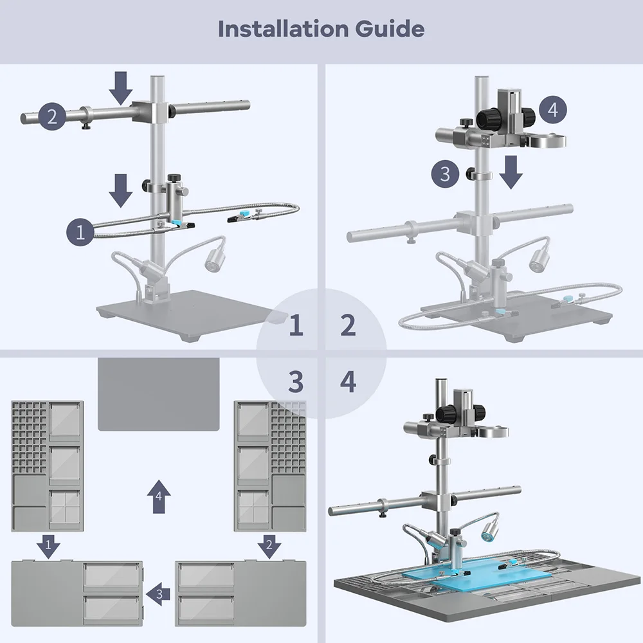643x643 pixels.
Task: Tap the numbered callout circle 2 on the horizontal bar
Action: point(52,116)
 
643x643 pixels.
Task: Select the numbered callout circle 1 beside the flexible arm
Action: point(80,231)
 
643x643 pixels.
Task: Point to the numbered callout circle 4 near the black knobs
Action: point(553,109)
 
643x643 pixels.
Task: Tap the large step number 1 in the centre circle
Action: point(295,326)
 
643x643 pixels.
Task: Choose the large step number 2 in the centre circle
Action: point(348,326)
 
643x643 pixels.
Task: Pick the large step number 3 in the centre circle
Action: point(295,383)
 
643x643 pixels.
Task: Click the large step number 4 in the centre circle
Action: point(348,383)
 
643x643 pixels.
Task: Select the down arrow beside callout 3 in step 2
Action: point(511,171)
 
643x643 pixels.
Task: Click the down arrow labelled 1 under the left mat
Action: point(48,546)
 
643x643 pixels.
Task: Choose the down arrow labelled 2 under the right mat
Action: point(269,546)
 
